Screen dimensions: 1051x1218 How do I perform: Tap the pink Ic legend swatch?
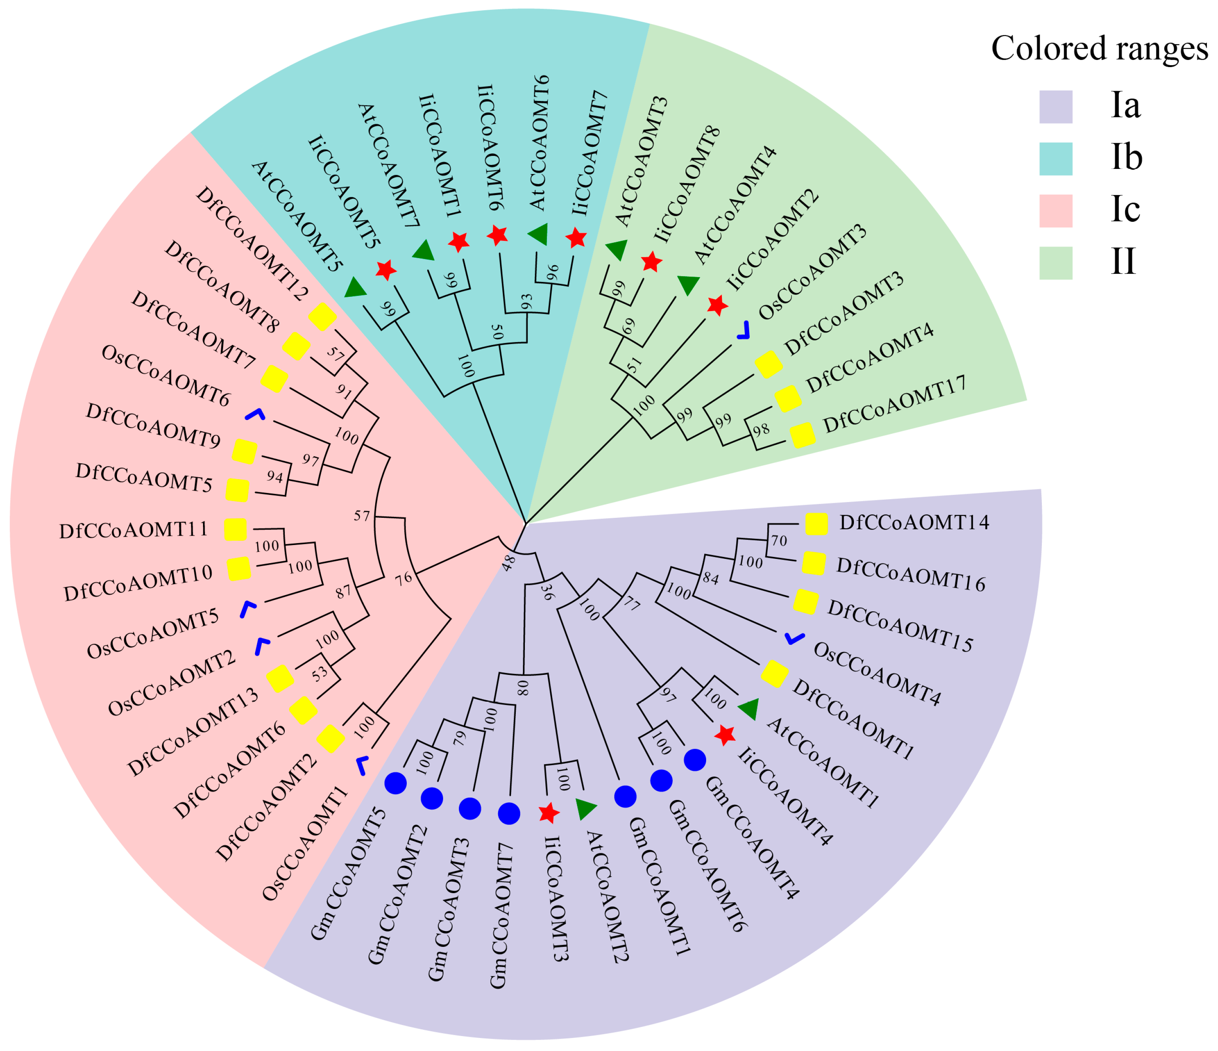(1056, 211)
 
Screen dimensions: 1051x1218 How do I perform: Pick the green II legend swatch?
(1056, 262)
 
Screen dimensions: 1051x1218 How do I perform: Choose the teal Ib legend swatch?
(1056, 159)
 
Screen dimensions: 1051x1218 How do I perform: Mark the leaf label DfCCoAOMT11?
(133, 530)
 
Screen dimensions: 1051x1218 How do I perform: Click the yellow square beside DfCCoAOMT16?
(814, 563)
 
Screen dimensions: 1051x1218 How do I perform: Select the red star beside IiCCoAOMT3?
(549, 813)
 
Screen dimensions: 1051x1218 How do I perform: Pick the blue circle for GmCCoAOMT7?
(509, 814)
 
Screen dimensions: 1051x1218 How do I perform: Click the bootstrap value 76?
(403, 579)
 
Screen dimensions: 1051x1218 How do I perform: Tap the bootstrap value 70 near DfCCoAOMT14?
(779, 540)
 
